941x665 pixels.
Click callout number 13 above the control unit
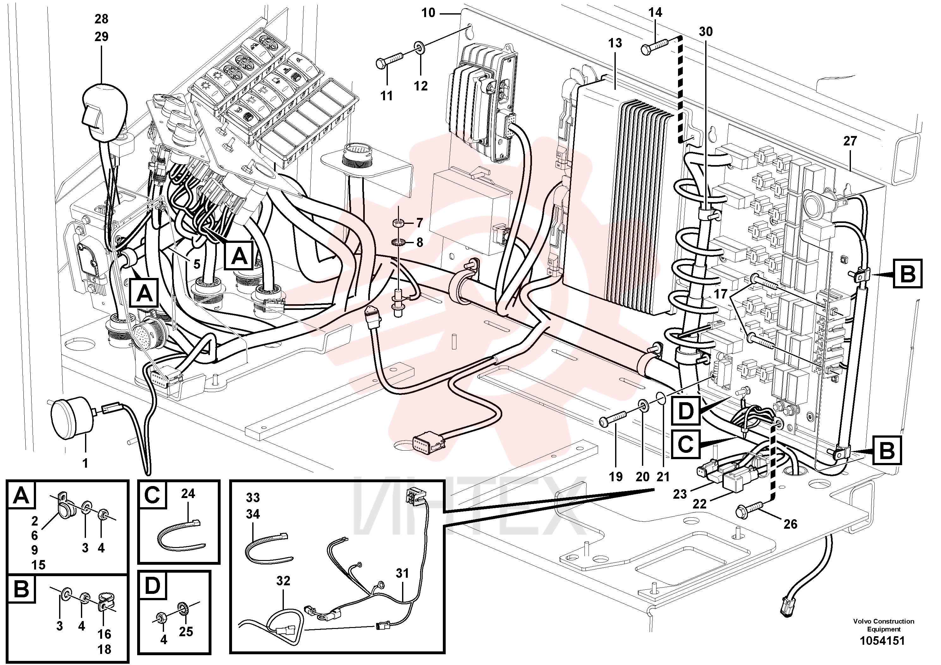[615, 43]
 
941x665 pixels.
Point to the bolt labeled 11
[391, 60]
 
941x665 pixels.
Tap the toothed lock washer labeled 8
[398, 242]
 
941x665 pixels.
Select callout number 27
[850, 141]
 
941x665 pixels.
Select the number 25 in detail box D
[186, 631]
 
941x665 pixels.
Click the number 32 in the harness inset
[283, 581]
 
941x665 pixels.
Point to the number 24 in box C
[188, 494]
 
